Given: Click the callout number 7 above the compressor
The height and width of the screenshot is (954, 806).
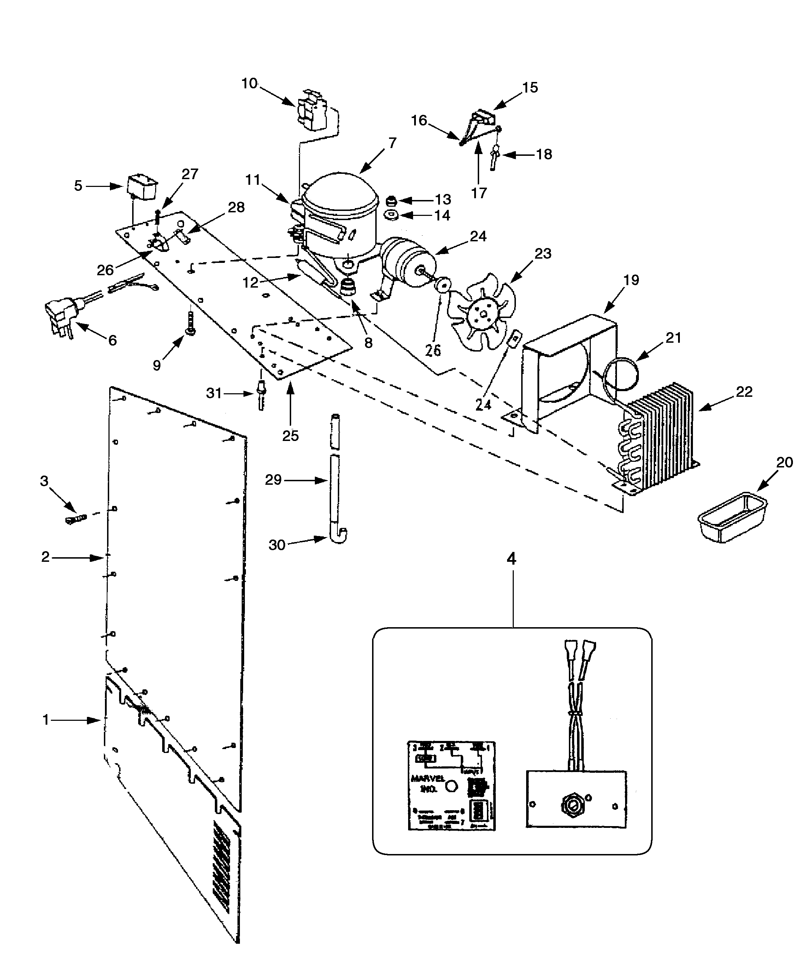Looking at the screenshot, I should click(392, 143).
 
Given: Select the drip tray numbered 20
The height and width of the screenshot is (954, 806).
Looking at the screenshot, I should click(732, 517).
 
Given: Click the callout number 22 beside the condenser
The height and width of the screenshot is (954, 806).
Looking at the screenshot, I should click(744, 392).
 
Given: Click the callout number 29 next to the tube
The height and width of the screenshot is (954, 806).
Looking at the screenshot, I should click(273, 480).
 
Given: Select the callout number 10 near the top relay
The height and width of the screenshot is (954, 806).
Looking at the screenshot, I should click(249, 84).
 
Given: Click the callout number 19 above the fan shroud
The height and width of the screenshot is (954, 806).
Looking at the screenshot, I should click(631, 280).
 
